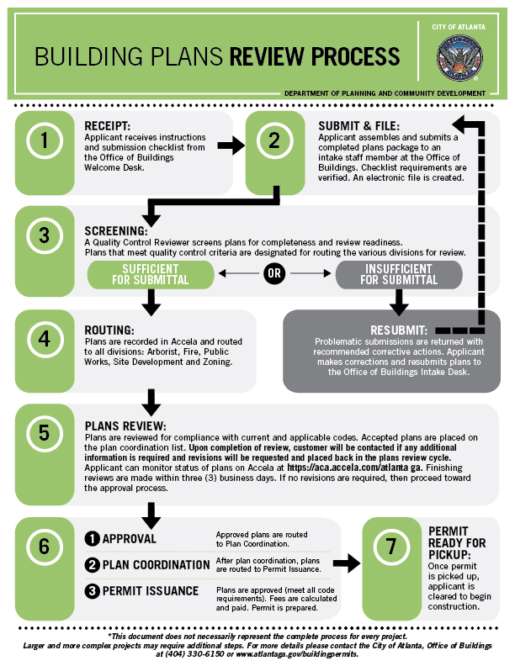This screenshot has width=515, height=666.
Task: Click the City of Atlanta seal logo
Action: pyautogui.click(x=459, y=58)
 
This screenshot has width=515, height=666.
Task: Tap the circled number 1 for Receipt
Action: pyautogui.click(x=45, y=140)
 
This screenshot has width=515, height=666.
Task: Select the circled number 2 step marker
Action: pyautogui.click(x=274, y=140)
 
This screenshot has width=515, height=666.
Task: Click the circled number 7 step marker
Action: pyautogui.click(x=391, y=547)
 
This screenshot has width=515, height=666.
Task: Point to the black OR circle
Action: pyautogui.click(x=274, y=273)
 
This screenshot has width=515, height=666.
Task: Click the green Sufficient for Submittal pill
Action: pyautogui.click(x=151, y=274)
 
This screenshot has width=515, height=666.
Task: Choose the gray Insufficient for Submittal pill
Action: pyautogui.click(x=399, y=274)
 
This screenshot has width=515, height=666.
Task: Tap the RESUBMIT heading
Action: pyautogui.click(x=399, y=330)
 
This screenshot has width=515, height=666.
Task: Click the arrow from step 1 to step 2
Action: pyautogui.click(x=231, y=145)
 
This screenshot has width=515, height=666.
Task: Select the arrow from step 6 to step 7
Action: pyautogui.click(x=347, y=563)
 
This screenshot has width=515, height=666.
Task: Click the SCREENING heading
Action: pyautogui.click(x=116, y=230)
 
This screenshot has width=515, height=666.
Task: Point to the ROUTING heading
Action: pyautogui.click(x=109, y=330)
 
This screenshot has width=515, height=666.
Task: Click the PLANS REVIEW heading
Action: pyautogui.click(x=125, y=426)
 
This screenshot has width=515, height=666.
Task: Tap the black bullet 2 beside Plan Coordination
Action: pyautogui.click(x=93, y=565)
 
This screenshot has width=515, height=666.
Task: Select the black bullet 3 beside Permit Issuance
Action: pyautogui.click(x=93, y=591)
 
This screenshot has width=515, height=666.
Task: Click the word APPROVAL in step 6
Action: pyautogui.click(x=130, y=538)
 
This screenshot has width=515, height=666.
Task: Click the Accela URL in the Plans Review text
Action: pyautogui.click(x=355, y=468)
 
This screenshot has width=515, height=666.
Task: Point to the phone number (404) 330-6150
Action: pyautogui.click(x=194, y=654)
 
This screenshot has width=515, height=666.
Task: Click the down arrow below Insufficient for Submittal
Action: pyautogui.click(x=399, y=303)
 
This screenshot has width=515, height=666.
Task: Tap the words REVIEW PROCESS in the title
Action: pyautogui.click(x=315, y=56)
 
